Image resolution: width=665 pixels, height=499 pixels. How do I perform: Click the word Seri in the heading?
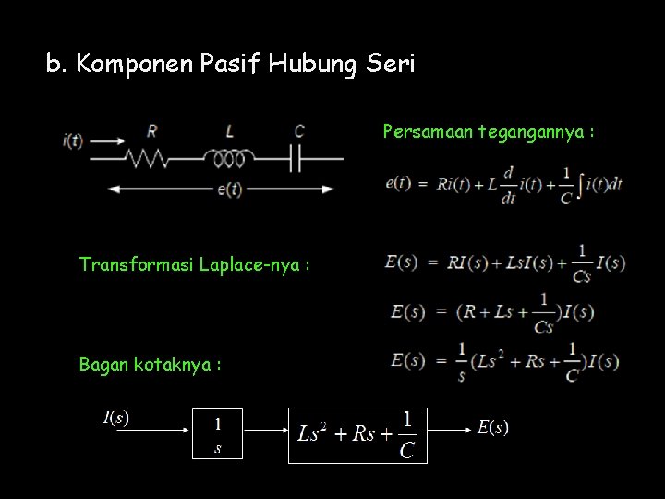click(391, 65)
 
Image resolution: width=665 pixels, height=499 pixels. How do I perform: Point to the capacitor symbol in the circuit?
click(297, 159)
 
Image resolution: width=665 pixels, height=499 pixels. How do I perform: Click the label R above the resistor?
click(151, 131)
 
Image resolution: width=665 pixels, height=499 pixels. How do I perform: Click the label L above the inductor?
click(229, 131)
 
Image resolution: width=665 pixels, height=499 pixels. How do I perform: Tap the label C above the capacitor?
click(298, 131)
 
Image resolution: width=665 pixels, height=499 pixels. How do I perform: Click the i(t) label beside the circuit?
click(73, 140)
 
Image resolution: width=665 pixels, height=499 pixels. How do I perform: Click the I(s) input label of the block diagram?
click(115, 418)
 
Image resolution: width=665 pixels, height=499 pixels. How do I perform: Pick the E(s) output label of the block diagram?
click(492, 427)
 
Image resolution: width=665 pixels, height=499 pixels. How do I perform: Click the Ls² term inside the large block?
click(314, 433)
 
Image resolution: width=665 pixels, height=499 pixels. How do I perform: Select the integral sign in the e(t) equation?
click(579, 183)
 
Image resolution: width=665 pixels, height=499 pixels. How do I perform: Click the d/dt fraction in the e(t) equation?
click(507, 183)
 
